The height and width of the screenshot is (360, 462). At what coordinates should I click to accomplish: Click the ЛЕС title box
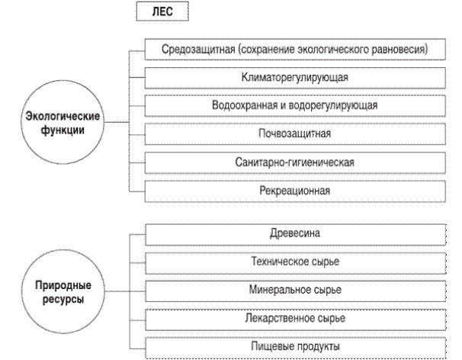tap(161, 13)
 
